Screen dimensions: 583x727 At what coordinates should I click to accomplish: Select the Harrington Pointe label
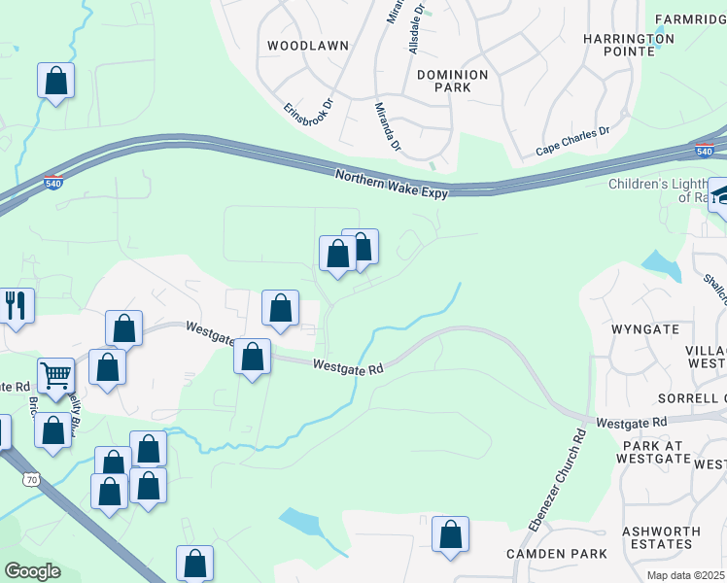point(628,45)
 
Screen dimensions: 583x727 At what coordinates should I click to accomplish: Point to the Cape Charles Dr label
point(572,142)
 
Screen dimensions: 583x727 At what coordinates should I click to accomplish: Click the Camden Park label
point(557,554)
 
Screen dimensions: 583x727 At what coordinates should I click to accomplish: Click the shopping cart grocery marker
point(56,374)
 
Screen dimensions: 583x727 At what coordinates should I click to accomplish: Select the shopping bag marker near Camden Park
point(450,533)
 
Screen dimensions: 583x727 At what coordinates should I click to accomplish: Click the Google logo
point(32,571)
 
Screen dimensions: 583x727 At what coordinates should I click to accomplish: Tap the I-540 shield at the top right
point(706,151)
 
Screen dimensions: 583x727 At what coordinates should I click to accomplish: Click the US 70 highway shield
point(32,480)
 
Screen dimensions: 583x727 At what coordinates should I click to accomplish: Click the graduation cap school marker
point(720,194)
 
